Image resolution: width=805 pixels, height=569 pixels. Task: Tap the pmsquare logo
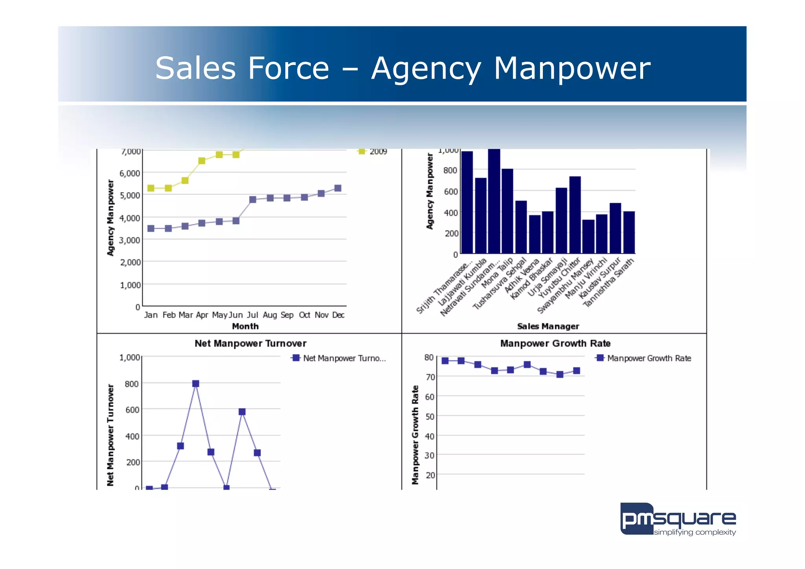click(678, 519)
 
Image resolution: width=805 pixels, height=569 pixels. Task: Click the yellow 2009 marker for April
click(202, 161)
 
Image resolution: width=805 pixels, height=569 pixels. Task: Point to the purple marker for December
click(338, 188)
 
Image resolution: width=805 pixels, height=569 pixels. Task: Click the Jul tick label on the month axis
click(252, 315)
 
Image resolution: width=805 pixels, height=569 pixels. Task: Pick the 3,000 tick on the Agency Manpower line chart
click(130, 240)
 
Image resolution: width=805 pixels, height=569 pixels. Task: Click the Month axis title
click(245, 326)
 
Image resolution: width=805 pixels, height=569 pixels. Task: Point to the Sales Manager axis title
click(548, 326)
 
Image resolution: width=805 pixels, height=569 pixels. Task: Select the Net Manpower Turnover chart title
click(250, 343)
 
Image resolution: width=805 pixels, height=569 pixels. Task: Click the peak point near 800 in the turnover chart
click(196, 383)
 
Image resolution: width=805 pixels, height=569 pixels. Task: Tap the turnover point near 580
click(242, 412)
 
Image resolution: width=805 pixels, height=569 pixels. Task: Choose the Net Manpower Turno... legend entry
click(339, 358)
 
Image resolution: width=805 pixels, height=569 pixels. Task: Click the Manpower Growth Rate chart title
click(555, 343)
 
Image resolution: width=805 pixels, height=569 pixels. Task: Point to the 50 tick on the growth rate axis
click(430, 416)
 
